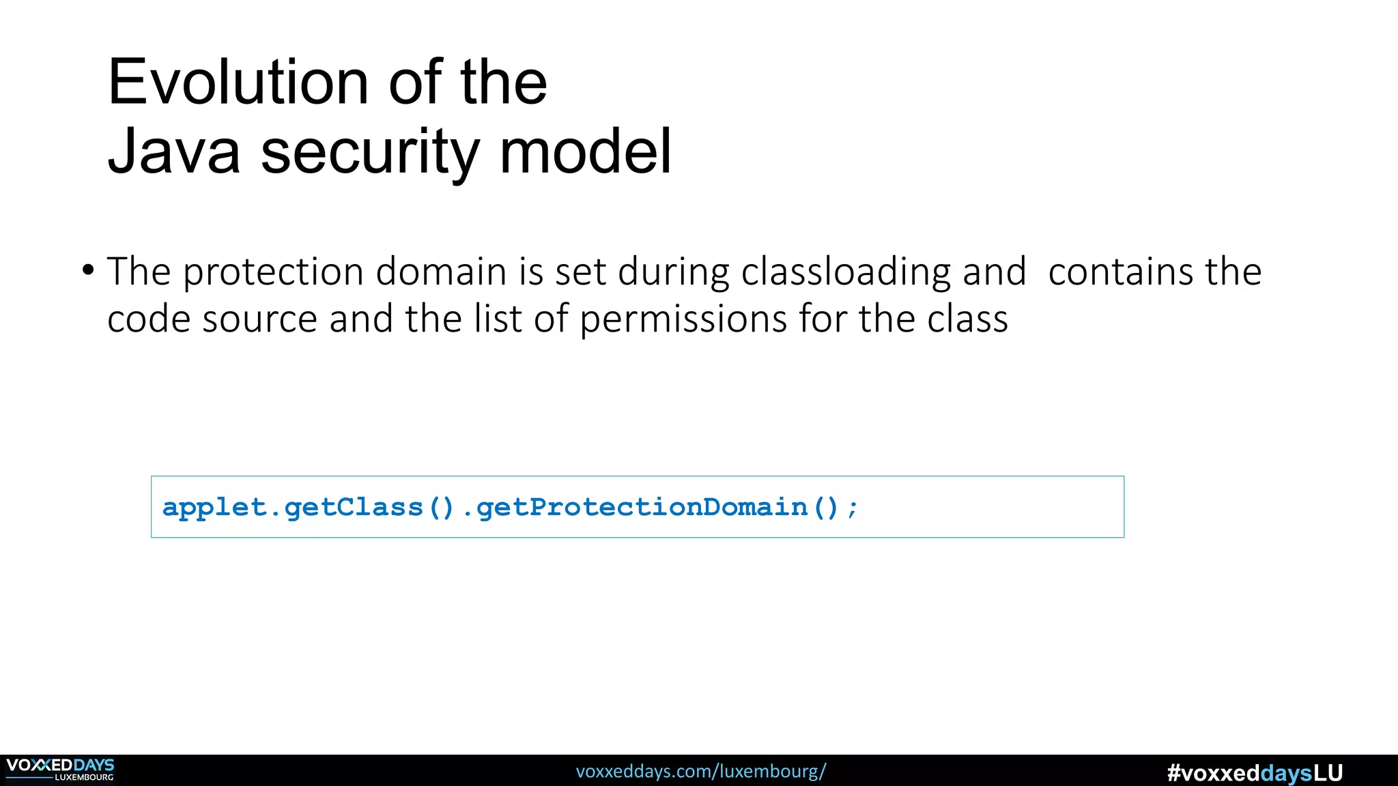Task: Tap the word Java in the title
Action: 174,151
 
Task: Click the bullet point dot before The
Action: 87,270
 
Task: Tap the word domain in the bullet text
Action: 441,272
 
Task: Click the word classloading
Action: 846,272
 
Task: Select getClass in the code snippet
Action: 354,508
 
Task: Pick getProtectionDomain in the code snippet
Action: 642,508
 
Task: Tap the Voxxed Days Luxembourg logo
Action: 60,770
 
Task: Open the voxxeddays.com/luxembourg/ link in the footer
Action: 700,771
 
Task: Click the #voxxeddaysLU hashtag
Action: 1255,773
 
